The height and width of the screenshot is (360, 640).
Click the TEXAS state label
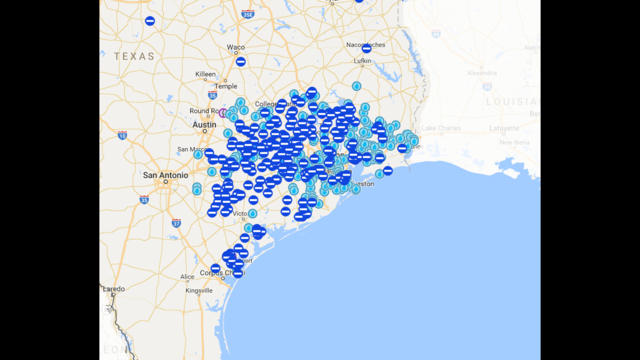coord(134,57)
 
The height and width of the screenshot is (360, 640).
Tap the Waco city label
coord(236,47)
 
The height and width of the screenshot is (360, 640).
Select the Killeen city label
coord(205,74)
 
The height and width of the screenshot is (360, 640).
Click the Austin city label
coord(204,125)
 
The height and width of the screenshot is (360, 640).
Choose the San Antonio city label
coord(165,176)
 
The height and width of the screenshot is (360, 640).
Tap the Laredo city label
coord(113,289)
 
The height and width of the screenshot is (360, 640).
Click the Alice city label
coord(187,276)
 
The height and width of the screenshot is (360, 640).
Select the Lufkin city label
coord(363,61)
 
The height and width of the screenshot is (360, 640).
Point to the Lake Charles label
coord(442,128)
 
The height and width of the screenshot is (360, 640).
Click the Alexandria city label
coord(481,72)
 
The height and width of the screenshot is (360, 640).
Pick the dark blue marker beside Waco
coord(240,62)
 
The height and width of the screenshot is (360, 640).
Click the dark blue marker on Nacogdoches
coord(366,48)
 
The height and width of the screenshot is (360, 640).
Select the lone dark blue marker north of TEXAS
coord(150,20)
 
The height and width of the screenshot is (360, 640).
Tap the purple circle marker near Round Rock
coord(222,113)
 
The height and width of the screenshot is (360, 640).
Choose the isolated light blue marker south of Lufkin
coord(356,86)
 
